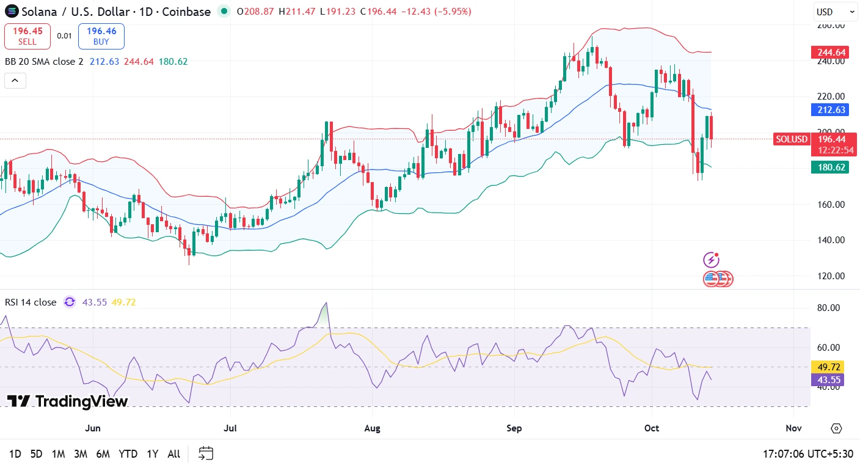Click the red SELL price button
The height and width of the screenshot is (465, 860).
tap(27, 36)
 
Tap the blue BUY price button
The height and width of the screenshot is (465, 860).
tap(101, 36)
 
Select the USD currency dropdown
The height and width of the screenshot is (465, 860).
tap(835, 12)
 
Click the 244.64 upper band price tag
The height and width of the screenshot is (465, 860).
tap(829, 53)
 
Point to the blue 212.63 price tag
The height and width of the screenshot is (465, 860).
tap(829, 110)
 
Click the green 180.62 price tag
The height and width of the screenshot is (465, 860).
tap(829, 167)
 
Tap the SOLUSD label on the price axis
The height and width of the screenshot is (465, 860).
tap(791, 139)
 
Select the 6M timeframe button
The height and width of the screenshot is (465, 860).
tap(103, 454)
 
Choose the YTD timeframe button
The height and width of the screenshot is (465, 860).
tap(128, 454)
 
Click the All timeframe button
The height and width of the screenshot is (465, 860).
tap(173, 454)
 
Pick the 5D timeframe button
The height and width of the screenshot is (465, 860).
tap(37, 454)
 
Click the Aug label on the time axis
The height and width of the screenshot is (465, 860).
tap(372, 428)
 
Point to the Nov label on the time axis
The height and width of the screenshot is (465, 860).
tap(793, 428)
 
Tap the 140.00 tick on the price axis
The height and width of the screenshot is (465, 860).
tap(831, 240)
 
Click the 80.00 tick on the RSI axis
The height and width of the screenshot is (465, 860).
tap(831, 308)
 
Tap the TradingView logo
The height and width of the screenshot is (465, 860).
tap(67, 401)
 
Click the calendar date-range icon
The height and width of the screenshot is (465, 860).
tap(206, 453)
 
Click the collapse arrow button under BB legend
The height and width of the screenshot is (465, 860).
tap(15, 80)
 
